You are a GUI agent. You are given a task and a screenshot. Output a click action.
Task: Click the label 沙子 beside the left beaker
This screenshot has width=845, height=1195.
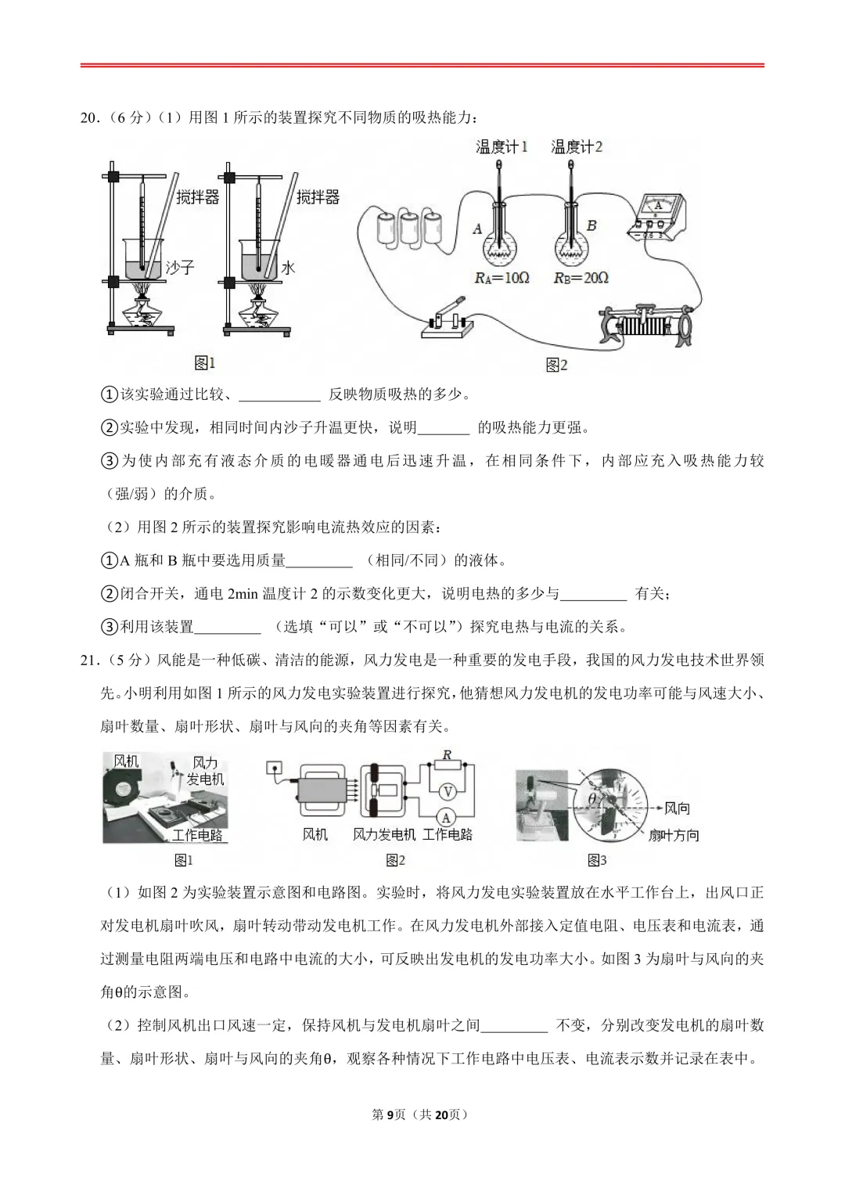click(179, 267)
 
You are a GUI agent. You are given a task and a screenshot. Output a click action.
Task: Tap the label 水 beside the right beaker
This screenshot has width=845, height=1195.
click(288, 267)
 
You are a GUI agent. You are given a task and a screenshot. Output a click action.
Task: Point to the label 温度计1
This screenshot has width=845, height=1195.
click(502, 146)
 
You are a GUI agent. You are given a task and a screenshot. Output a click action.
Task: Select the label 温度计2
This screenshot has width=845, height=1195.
click(577, 146)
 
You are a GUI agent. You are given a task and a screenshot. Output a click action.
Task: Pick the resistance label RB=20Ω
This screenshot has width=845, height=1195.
click(581, 277)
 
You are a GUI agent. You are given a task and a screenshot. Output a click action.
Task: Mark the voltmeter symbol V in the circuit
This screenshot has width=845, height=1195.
click(446, 790)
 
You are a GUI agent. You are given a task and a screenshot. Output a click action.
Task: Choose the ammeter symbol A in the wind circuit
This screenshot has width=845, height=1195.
click(446, 815)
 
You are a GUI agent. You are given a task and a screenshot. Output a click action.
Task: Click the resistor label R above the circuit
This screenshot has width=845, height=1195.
click(447, 755)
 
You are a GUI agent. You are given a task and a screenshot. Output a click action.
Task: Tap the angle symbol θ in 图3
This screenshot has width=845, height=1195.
click(592, 799)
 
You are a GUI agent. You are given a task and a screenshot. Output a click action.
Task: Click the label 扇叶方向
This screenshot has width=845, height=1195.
click(673, 836)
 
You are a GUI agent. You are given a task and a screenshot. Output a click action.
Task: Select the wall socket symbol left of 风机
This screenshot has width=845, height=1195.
click(273, 768)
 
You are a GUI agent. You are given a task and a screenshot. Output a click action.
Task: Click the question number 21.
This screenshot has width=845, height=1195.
click(89, 659)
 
